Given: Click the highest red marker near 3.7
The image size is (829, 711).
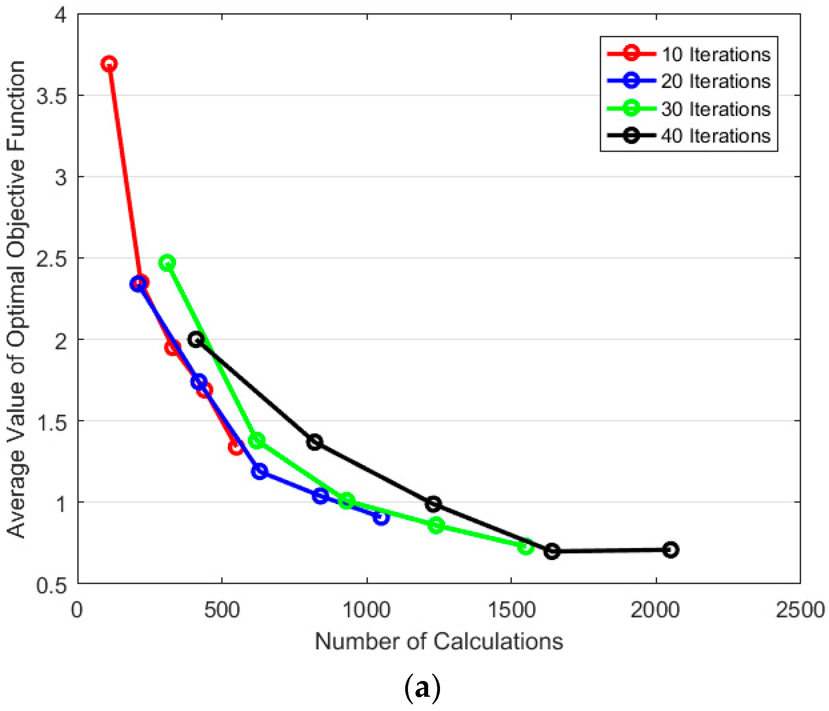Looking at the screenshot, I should click(109, 64).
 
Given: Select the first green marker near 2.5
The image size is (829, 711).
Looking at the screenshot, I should click(167, 263).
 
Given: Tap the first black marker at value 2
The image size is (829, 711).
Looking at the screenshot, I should click(196, 340).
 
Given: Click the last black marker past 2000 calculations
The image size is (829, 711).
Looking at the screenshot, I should click(671, 550).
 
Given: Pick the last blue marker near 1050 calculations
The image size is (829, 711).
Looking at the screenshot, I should click(381, 517).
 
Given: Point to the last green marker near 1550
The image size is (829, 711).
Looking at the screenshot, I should click(526, 547).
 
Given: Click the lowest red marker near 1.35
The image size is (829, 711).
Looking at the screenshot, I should click(236, 447).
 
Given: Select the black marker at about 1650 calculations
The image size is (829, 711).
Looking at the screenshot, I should click(552, 551).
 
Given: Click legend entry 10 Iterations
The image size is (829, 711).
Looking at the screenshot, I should click(715, 55).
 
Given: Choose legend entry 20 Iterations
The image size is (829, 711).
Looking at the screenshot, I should click(715, 82).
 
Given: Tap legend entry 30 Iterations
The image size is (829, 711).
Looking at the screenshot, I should click(715, 109).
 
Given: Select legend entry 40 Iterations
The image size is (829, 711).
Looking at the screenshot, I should click(715, 136).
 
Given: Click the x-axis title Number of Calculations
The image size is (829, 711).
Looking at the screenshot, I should click(439, 642).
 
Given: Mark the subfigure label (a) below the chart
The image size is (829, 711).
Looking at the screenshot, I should click(423, 689).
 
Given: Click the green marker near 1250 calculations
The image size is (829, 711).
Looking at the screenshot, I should click(436, 525).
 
